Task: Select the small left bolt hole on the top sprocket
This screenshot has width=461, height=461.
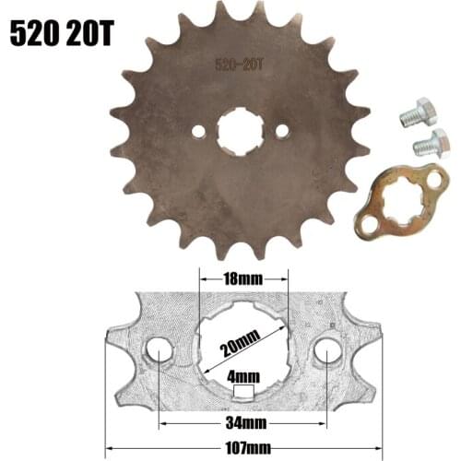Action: (x=197, y=132)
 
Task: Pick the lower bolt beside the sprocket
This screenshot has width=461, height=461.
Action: (x=429, y=143)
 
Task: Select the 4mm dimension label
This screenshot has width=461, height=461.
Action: (x=243, y=376)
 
